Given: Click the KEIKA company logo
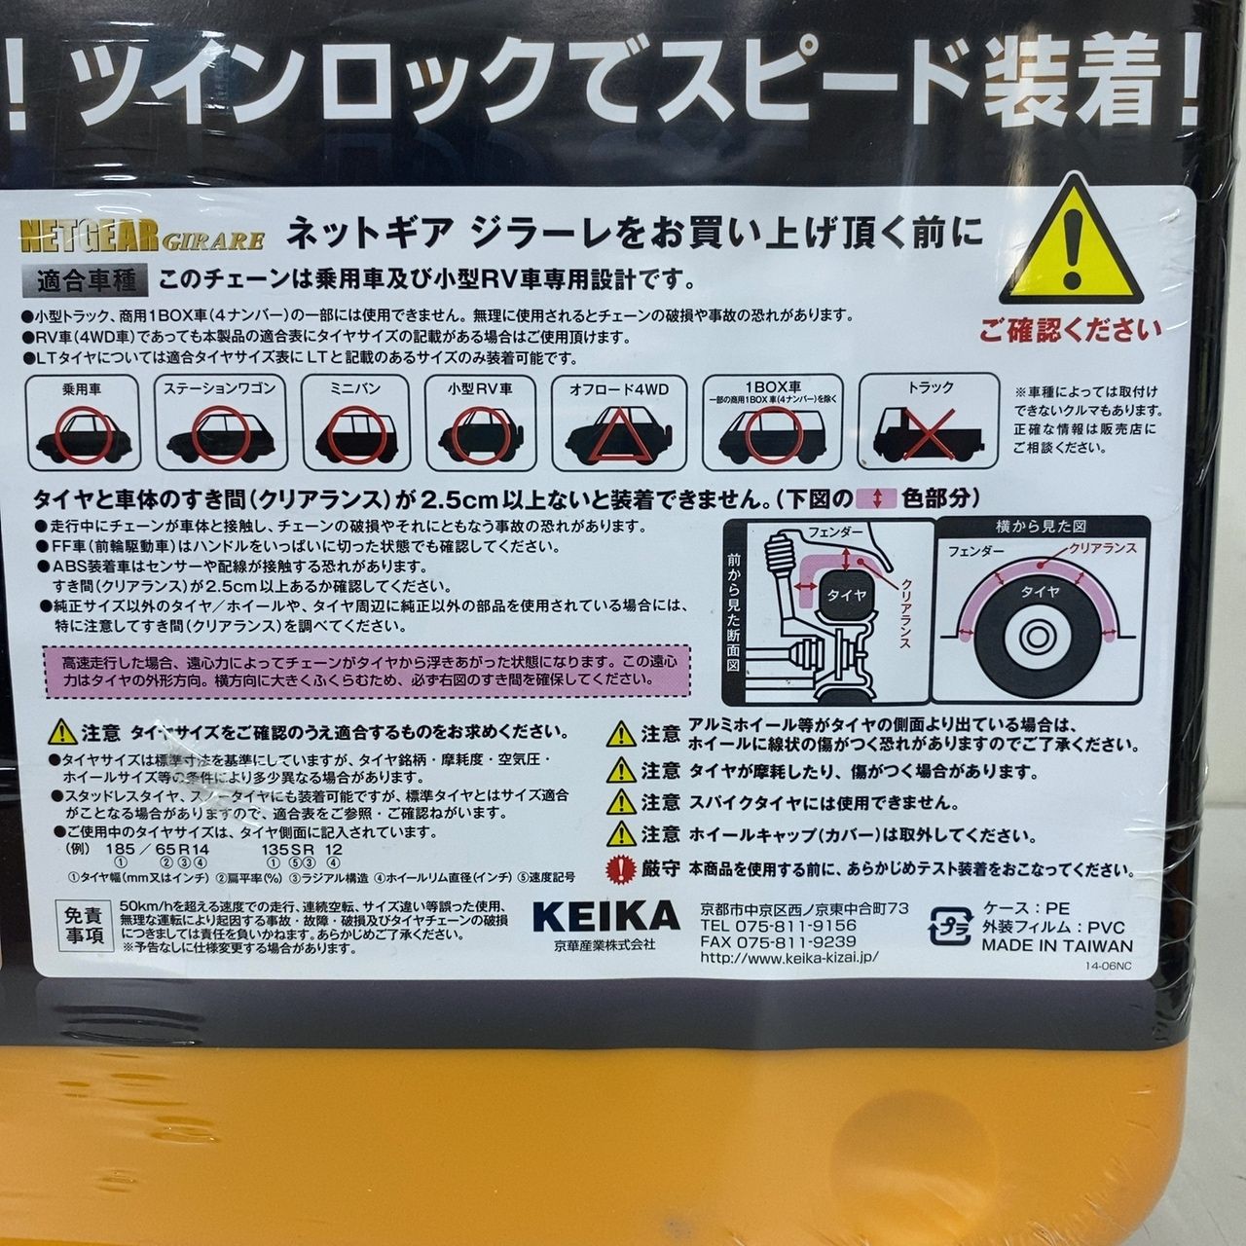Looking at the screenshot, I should pos(606,916).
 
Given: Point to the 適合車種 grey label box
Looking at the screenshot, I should pos(87,280).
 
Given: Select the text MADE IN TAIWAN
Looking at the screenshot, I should pos(1056,944).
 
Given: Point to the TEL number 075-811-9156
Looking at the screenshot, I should pos(778,926).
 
